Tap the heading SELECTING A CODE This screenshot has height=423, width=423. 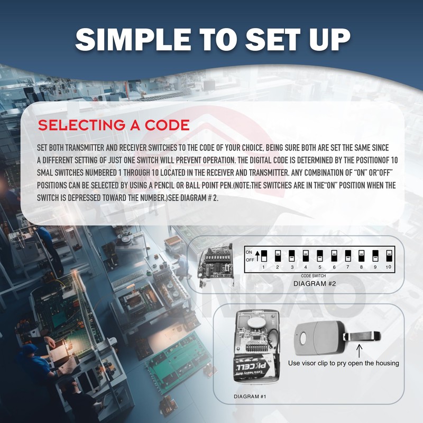pyautogui.click(x=114, y=125)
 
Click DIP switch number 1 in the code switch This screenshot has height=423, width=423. pyautogui.click(x=264, y=256)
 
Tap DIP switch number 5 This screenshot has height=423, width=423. pyautogui.click(x=319, y=256)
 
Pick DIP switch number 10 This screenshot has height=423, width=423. pyautogui.click(x=389, y=256)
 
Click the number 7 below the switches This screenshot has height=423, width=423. pyautogui.click(x=347, y=268)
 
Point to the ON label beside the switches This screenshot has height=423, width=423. pyautogui.click(x=249, y=252)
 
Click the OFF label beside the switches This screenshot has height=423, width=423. pyautogui.click(x=249, y=260)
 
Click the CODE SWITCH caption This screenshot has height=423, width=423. pyautogui.click(x=314, y=276)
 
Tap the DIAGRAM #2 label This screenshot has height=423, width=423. pyautogui.click(x=315, y=283)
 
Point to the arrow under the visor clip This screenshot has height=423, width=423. pyautogui.click(x=361, y=350)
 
